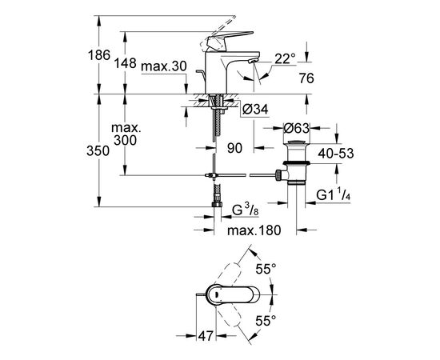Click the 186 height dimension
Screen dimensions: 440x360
(99, 55)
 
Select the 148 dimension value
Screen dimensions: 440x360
(125, 63)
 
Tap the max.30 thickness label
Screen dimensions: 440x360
(164, 66)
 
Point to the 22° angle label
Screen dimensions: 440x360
(285, 59)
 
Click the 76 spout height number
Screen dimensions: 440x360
(306, 78)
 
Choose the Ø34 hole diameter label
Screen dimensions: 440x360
(255, 110)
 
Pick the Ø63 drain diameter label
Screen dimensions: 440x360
(296, 128)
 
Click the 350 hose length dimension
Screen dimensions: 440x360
(98, 151)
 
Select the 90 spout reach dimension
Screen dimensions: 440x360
(234, 148)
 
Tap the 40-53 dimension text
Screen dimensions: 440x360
(336, 154)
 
